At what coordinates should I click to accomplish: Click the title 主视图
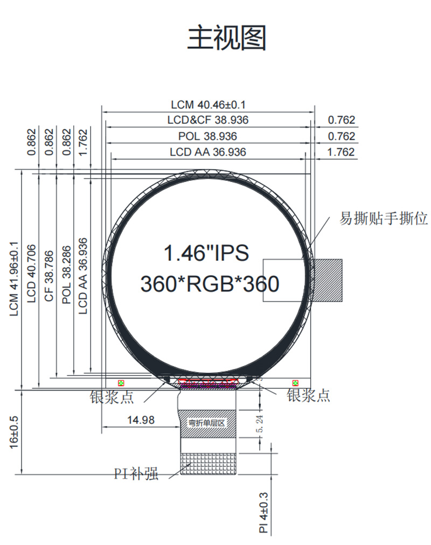[227, 38]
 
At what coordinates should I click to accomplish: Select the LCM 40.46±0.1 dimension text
[208, 105]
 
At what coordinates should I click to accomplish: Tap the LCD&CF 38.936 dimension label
[208, 121]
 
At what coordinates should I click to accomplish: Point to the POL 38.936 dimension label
[208, 136]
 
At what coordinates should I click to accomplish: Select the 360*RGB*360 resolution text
[210, 283]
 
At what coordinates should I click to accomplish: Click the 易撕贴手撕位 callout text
[384, 219]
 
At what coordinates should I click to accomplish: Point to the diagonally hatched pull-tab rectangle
[328, 280]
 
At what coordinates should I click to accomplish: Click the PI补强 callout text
[136, 474]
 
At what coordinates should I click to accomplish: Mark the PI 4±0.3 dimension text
[263, 512]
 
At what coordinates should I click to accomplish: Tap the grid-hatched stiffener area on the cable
[208, 464]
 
